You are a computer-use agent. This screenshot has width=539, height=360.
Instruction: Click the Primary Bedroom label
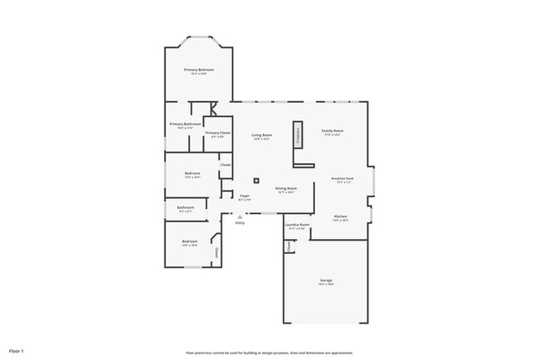[198, 70]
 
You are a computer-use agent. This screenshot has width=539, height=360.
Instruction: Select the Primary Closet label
[218, 133]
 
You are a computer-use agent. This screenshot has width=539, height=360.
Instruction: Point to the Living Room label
[262, 134]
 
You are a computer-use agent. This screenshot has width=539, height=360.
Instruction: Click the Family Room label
[333, 131]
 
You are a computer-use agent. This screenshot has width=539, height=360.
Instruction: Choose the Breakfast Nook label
[342, 178]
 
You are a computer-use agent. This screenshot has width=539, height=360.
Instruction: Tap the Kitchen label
[340, 216]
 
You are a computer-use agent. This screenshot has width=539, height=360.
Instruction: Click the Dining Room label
[286, 188]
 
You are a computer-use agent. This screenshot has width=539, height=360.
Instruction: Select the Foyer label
[245, 196]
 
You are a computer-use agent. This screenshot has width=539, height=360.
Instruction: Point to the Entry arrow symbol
[240, 216]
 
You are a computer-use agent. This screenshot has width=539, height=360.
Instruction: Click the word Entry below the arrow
[240, 222]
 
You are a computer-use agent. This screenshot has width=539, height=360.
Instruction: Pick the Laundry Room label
[297, 225]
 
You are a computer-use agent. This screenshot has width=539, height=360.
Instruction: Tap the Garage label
[327, 280]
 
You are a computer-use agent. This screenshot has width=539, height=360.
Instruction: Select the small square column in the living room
[256, 180]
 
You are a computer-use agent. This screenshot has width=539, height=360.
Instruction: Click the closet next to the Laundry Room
[289, 246]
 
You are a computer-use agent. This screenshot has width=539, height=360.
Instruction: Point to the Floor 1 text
[17, 352]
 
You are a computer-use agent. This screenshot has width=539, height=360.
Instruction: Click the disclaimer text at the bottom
[269, 353]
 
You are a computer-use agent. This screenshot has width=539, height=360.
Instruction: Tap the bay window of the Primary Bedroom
[198, 37]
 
